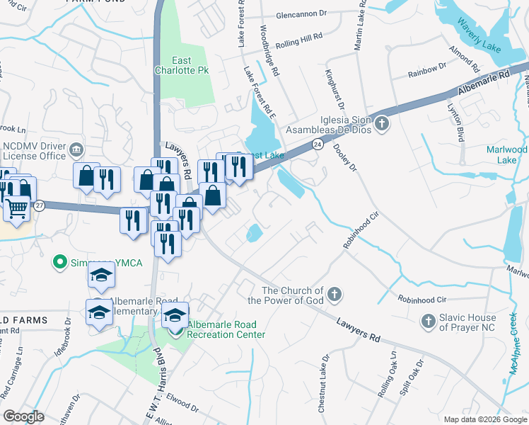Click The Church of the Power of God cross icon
(335, 293)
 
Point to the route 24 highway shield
(318, 144)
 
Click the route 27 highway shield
(40, 205)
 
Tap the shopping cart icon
(17, 208)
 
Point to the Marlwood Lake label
(506, 154)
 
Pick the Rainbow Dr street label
(428, 69)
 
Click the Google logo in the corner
(23, 416)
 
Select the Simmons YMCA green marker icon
(62, 262)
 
